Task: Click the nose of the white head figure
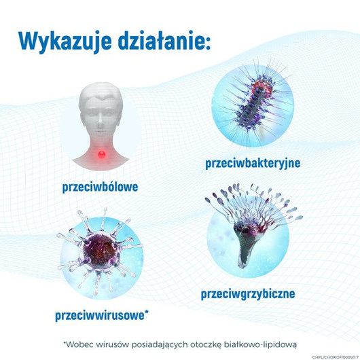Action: click(x=102, y=125)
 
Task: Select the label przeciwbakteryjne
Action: click(x=252, y=163)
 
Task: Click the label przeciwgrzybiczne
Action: click(x=247, y=294)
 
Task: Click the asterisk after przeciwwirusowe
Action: click(x=147, y=312)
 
